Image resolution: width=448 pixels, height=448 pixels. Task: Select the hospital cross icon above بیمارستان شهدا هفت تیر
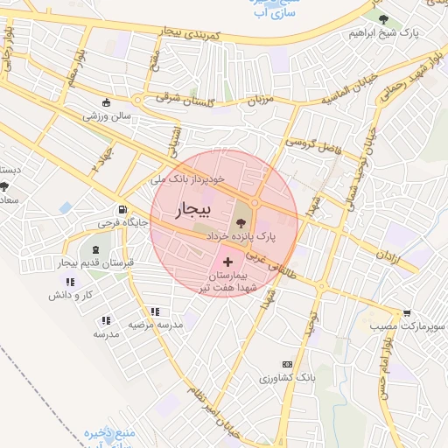pos(228,262)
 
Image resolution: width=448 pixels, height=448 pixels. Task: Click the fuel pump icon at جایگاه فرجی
pos(122,210)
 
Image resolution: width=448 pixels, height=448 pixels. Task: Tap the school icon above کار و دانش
pos(69,282)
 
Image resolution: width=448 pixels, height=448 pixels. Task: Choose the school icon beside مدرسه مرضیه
pos(155,311)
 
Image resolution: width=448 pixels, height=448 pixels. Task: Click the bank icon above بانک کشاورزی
pos(286,364)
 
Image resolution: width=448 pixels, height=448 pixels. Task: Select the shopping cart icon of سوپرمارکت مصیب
pos(407,312)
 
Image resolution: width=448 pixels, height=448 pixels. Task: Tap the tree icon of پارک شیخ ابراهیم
pos(385,19)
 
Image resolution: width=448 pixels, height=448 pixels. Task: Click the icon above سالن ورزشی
pos(107,101)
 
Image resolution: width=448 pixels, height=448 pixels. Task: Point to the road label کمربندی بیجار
pos(201,37)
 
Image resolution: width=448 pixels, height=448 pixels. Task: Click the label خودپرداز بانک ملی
pos(188,178)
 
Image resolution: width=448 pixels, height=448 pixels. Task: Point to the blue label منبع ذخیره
pos(107,432)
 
